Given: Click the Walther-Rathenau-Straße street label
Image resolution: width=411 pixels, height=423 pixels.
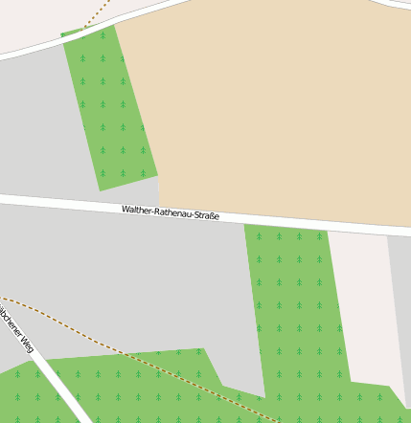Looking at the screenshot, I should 171,212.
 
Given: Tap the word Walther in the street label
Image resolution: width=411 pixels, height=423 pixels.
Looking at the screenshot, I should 136,209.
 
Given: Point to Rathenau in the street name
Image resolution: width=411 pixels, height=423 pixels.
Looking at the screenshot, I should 171,212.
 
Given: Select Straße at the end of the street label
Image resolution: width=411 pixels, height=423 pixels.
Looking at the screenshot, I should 205,215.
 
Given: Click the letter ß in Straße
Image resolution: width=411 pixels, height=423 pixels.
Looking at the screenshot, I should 211,216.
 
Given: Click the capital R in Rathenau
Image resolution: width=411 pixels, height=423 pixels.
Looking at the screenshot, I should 156,211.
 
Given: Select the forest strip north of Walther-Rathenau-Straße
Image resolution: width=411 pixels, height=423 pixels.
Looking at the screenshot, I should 110,105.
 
